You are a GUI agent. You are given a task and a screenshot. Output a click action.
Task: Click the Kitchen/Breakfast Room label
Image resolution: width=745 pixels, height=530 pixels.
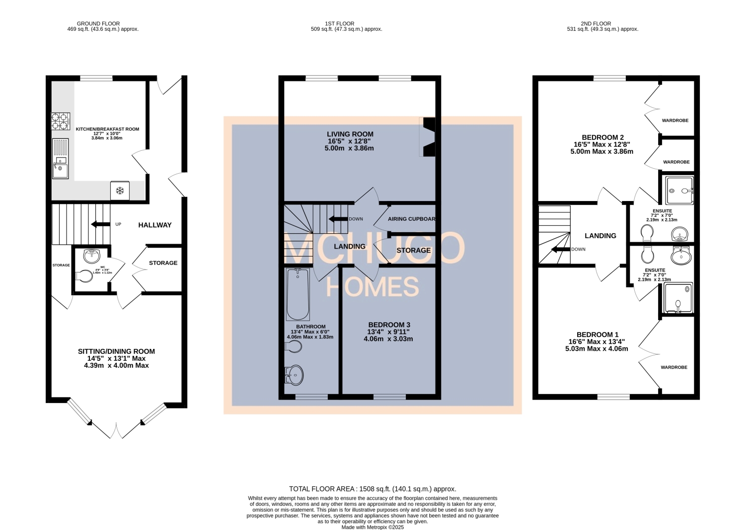click(x=107, y=129)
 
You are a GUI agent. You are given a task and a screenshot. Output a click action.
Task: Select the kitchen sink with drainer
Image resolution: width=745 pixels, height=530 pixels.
click(x=61, y=158)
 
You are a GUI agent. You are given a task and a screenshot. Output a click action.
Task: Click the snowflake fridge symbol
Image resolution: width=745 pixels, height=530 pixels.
click(x=120, y=191)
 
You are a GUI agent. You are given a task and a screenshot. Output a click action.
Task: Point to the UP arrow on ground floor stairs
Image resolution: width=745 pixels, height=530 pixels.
click(x=101, y=225)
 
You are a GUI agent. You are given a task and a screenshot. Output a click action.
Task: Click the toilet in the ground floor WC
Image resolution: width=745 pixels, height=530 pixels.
click(x=85, y=276)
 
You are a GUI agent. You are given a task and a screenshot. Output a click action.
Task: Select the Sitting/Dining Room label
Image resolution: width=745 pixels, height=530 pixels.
click(x=116, y=351)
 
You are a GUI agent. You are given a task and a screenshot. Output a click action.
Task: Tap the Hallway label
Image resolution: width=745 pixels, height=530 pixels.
click(x=154, y=225)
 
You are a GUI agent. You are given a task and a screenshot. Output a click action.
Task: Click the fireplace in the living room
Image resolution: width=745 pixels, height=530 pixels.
click(x=428, y=137)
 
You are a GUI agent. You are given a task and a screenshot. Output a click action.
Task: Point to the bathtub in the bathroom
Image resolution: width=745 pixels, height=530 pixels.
click(x=298, y=294)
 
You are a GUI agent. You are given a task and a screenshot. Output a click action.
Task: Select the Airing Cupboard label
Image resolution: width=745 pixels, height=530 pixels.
click(x=411, y=219)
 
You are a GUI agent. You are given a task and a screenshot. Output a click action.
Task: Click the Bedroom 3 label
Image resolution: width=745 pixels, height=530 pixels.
click(x=389, y=325)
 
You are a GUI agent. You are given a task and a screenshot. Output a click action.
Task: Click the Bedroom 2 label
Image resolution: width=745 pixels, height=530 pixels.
click(x=602, y=137)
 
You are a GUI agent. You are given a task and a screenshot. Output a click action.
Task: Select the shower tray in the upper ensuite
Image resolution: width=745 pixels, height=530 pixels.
click(x=679, y=190)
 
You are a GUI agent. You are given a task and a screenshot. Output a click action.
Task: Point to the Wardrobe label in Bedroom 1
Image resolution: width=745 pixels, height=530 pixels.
click(x=674, y=367)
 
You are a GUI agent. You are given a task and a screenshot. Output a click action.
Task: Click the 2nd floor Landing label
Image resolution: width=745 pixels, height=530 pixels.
click(x=600, y=236)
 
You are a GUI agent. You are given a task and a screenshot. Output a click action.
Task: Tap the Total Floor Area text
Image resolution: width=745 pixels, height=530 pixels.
click(x=372, y=489)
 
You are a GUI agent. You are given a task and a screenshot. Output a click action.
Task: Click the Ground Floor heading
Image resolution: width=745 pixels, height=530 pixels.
click(x=98, y=23)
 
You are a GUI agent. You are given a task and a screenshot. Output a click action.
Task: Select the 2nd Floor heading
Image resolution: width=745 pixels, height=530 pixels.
click(x=596, y=23)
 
